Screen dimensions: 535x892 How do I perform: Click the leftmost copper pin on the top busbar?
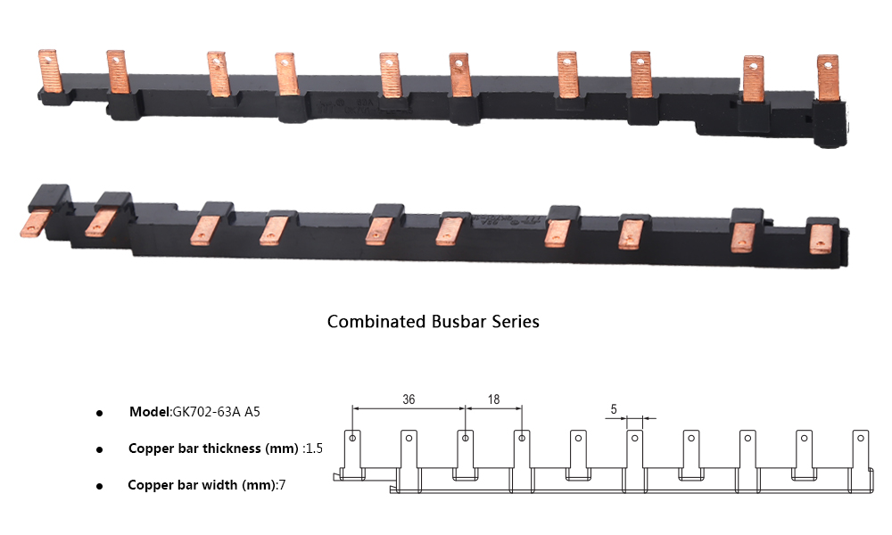(49, 71)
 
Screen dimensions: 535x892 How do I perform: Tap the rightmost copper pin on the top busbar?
(828, 76)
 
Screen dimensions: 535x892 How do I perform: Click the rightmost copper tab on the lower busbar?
(820, 239)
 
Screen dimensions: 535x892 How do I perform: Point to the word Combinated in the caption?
(376, 321)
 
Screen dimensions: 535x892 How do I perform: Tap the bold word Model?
(149, 412)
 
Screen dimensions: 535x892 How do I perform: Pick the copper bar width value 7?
(282, 485)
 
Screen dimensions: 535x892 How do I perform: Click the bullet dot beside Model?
(99, 414)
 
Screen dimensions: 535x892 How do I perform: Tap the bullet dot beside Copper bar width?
(99, 487)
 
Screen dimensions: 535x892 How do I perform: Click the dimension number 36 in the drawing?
(409, 399)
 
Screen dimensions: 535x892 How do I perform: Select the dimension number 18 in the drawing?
(493, 399)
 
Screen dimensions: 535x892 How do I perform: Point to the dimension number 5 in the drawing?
(614, 409)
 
